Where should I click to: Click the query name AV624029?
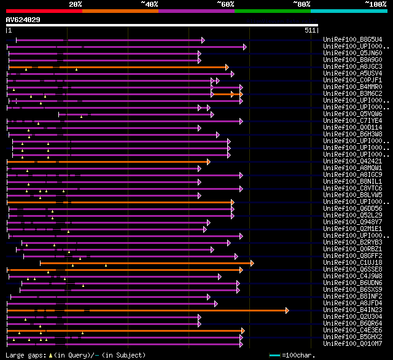pyautogui.click(x=23, y=20)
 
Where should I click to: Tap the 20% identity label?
pyautogui.click(x=76, y=4)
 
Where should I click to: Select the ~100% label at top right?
pyautogui.click(x=375, y=4)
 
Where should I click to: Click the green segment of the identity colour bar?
pyautogui.click(x=272, y=10)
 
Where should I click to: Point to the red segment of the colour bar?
pyautogui.click(x=44, y=10)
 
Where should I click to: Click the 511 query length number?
pyautogui.click(x=310, y=29)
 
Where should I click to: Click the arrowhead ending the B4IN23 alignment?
pyautogui.click(x=287, y=310)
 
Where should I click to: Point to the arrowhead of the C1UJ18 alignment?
pyautogui.click(x=252, y=263)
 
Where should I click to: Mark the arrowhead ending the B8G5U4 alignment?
pyautogui.click(x=203, y=40)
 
